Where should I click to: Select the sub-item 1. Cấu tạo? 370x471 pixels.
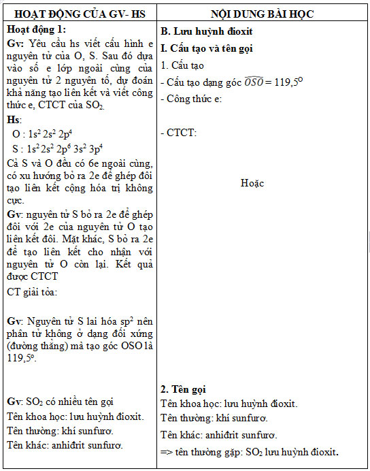pyautogui.click(x=182, y=66)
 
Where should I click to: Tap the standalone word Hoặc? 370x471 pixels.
pyautogui.click(x=252, y=183)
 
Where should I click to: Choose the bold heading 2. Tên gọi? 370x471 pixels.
pyautogui.click(x=183, y=390)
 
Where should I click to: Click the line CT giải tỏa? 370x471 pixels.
pyautogui.click(x=33, y=292)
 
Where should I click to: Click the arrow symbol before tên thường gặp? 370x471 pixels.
pyautogui.click(x=168, y=452)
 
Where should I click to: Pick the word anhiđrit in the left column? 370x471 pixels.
pyautogui.click(x=65, y=445)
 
